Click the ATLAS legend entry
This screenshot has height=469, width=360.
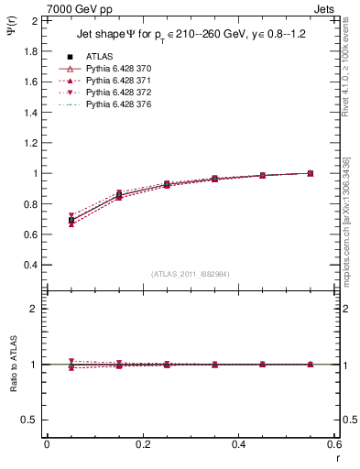[x=99, y=57]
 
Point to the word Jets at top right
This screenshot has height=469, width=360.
[x=325, y=8]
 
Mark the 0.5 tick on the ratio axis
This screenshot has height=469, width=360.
[x=30, y=420]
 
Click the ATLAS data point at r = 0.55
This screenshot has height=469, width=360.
[x=311, y=173]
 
